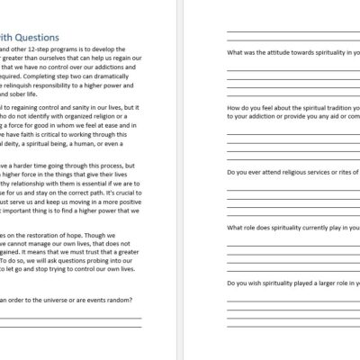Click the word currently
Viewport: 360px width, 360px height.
310,227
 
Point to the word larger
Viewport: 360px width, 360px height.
313,283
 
